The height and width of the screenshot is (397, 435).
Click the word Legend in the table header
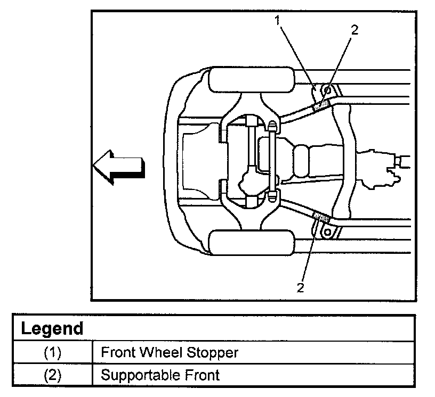pos(52,329)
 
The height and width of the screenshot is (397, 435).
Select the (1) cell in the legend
pos(53,353)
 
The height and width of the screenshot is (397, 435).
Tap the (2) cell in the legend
pos(53,375)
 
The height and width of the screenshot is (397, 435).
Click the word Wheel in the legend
pos(160,352)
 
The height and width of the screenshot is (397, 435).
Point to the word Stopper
pos(212,353)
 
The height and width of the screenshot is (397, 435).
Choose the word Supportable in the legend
pos(140,375)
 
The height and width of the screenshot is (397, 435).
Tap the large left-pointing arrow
pos(119,167)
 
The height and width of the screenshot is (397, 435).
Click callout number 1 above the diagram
pos(277,20)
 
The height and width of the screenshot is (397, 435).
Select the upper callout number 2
pos(355,30)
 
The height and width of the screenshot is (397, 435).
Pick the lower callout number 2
pos(300,288)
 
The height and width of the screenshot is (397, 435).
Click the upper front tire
pos(251,80)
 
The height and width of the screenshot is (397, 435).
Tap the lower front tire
pos(251,242)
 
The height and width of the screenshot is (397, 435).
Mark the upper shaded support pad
pos(321,105)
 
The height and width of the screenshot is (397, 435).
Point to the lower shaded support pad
pos(321,217)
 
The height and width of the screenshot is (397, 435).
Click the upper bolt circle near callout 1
pos(327,90)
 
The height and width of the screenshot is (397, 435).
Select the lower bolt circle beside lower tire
pos(327,232)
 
